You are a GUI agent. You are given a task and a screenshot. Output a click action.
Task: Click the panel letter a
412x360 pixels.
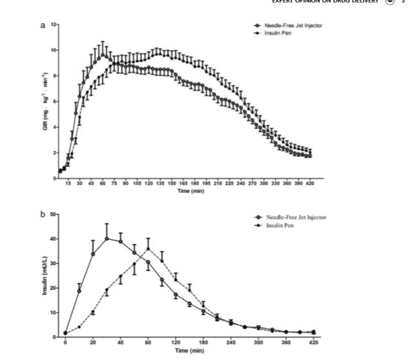[43, 26]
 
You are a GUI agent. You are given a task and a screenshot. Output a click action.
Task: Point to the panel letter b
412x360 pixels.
[43, 215]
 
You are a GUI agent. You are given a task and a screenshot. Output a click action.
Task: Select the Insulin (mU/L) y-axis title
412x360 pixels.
[42, 275]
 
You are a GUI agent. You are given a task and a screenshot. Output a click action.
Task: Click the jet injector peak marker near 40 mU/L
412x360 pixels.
[107, 239]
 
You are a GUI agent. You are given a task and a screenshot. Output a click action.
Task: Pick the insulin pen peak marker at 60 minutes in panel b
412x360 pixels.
[148, 248]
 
